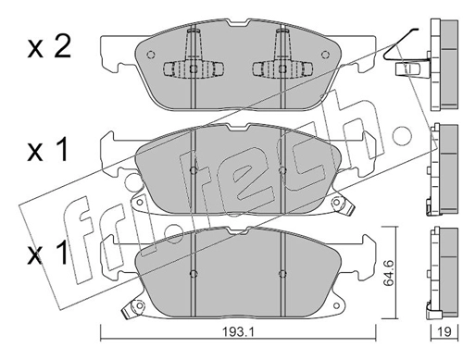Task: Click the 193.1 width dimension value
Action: point(238,331)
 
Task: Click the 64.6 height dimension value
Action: point(389,273)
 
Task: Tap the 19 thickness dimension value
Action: point(444,331)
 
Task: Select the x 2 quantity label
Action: point(49,47)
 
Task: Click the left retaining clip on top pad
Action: point(194,68)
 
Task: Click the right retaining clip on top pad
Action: point(282,68)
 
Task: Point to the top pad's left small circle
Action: point(150,55)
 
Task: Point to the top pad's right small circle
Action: point(325,55)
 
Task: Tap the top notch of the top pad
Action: point(238,23)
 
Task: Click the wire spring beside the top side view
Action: point(398,43)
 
